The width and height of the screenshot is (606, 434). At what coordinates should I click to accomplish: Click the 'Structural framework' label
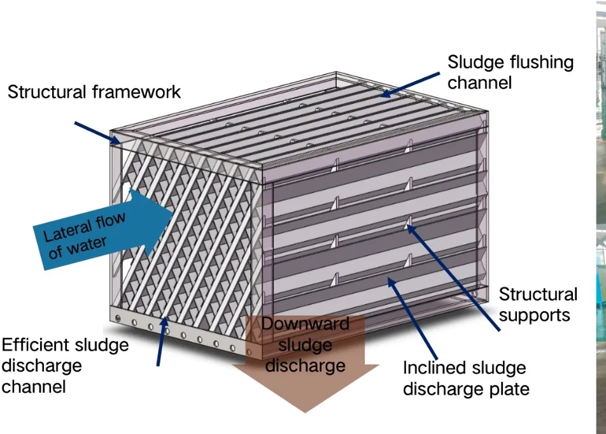click(x=94, y=92)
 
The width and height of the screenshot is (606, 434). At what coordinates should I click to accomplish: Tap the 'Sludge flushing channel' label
click(x=510, y=73)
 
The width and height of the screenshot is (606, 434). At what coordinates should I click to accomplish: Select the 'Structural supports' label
click(x=538, y=305)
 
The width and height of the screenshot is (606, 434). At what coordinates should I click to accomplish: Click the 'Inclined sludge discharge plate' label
click(x=466, y=379)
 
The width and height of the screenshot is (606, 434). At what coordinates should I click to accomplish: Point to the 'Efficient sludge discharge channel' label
click(x=65, y=366)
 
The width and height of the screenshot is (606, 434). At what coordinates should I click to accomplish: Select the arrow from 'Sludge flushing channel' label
click(x=410, y=84)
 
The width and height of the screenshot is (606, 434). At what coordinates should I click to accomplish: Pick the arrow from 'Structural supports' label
click(x=453, y=277)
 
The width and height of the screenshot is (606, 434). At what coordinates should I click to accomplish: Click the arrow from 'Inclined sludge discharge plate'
click(x=412, y=319)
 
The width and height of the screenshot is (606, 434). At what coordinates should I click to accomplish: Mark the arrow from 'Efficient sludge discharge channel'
click(x=162, y=341)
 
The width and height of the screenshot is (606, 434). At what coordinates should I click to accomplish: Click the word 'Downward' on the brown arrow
click(x=306, y=323)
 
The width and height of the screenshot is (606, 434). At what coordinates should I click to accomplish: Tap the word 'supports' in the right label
click(x=535, y=315)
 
